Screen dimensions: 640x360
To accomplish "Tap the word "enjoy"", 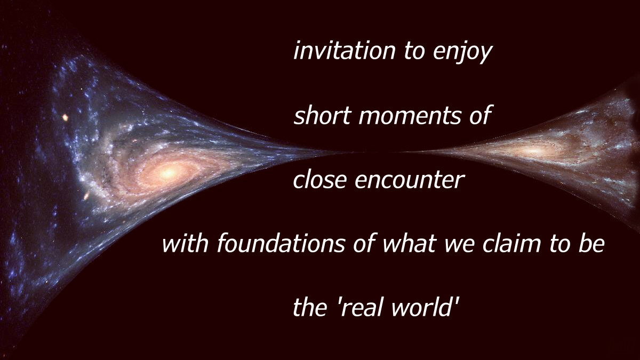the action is pos(462,53).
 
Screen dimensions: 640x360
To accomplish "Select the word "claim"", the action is pos(511,243).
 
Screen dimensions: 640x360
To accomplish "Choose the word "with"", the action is pos(185,243).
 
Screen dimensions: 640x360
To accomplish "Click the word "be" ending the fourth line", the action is pos(591,243).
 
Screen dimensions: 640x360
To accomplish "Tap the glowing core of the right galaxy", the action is pos(534,149).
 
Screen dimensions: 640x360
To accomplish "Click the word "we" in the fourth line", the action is pos(459,245).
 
